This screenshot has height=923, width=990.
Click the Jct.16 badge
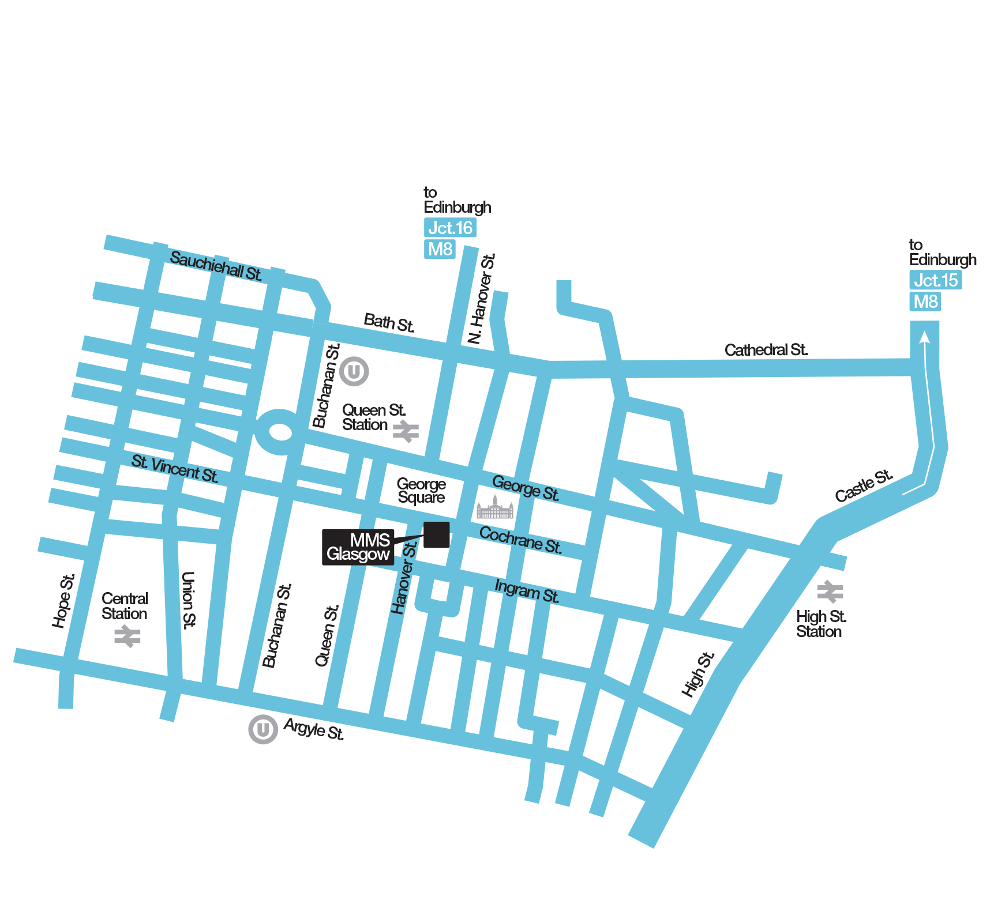450,228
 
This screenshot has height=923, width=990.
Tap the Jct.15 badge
935,280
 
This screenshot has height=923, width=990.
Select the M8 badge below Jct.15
925,302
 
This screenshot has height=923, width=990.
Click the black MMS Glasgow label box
358,547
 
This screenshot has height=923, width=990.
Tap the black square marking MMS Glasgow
437,534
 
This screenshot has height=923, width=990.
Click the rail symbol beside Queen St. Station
406,431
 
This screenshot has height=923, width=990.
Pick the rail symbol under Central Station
127,636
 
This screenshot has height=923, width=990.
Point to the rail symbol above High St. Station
830,592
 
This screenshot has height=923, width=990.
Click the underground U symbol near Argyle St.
262,729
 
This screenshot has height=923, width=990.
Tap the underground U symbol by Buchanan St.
354,371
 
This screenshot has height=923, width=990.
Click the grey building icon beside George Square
495,508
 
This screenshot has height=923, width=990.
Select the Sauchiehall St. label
216,266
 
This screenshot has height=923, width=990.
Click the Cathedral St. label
766,350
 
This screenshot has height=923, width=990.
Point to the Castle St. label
864,486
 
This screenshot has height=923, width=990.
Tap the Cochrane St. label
520,540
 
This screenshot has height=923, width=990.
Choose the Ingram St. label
527,592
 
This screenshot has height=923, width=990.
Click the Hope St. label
63,601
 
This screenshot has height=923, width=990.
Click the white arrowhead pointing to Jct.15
924,336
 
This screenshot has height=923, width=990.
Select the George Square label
421,491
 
